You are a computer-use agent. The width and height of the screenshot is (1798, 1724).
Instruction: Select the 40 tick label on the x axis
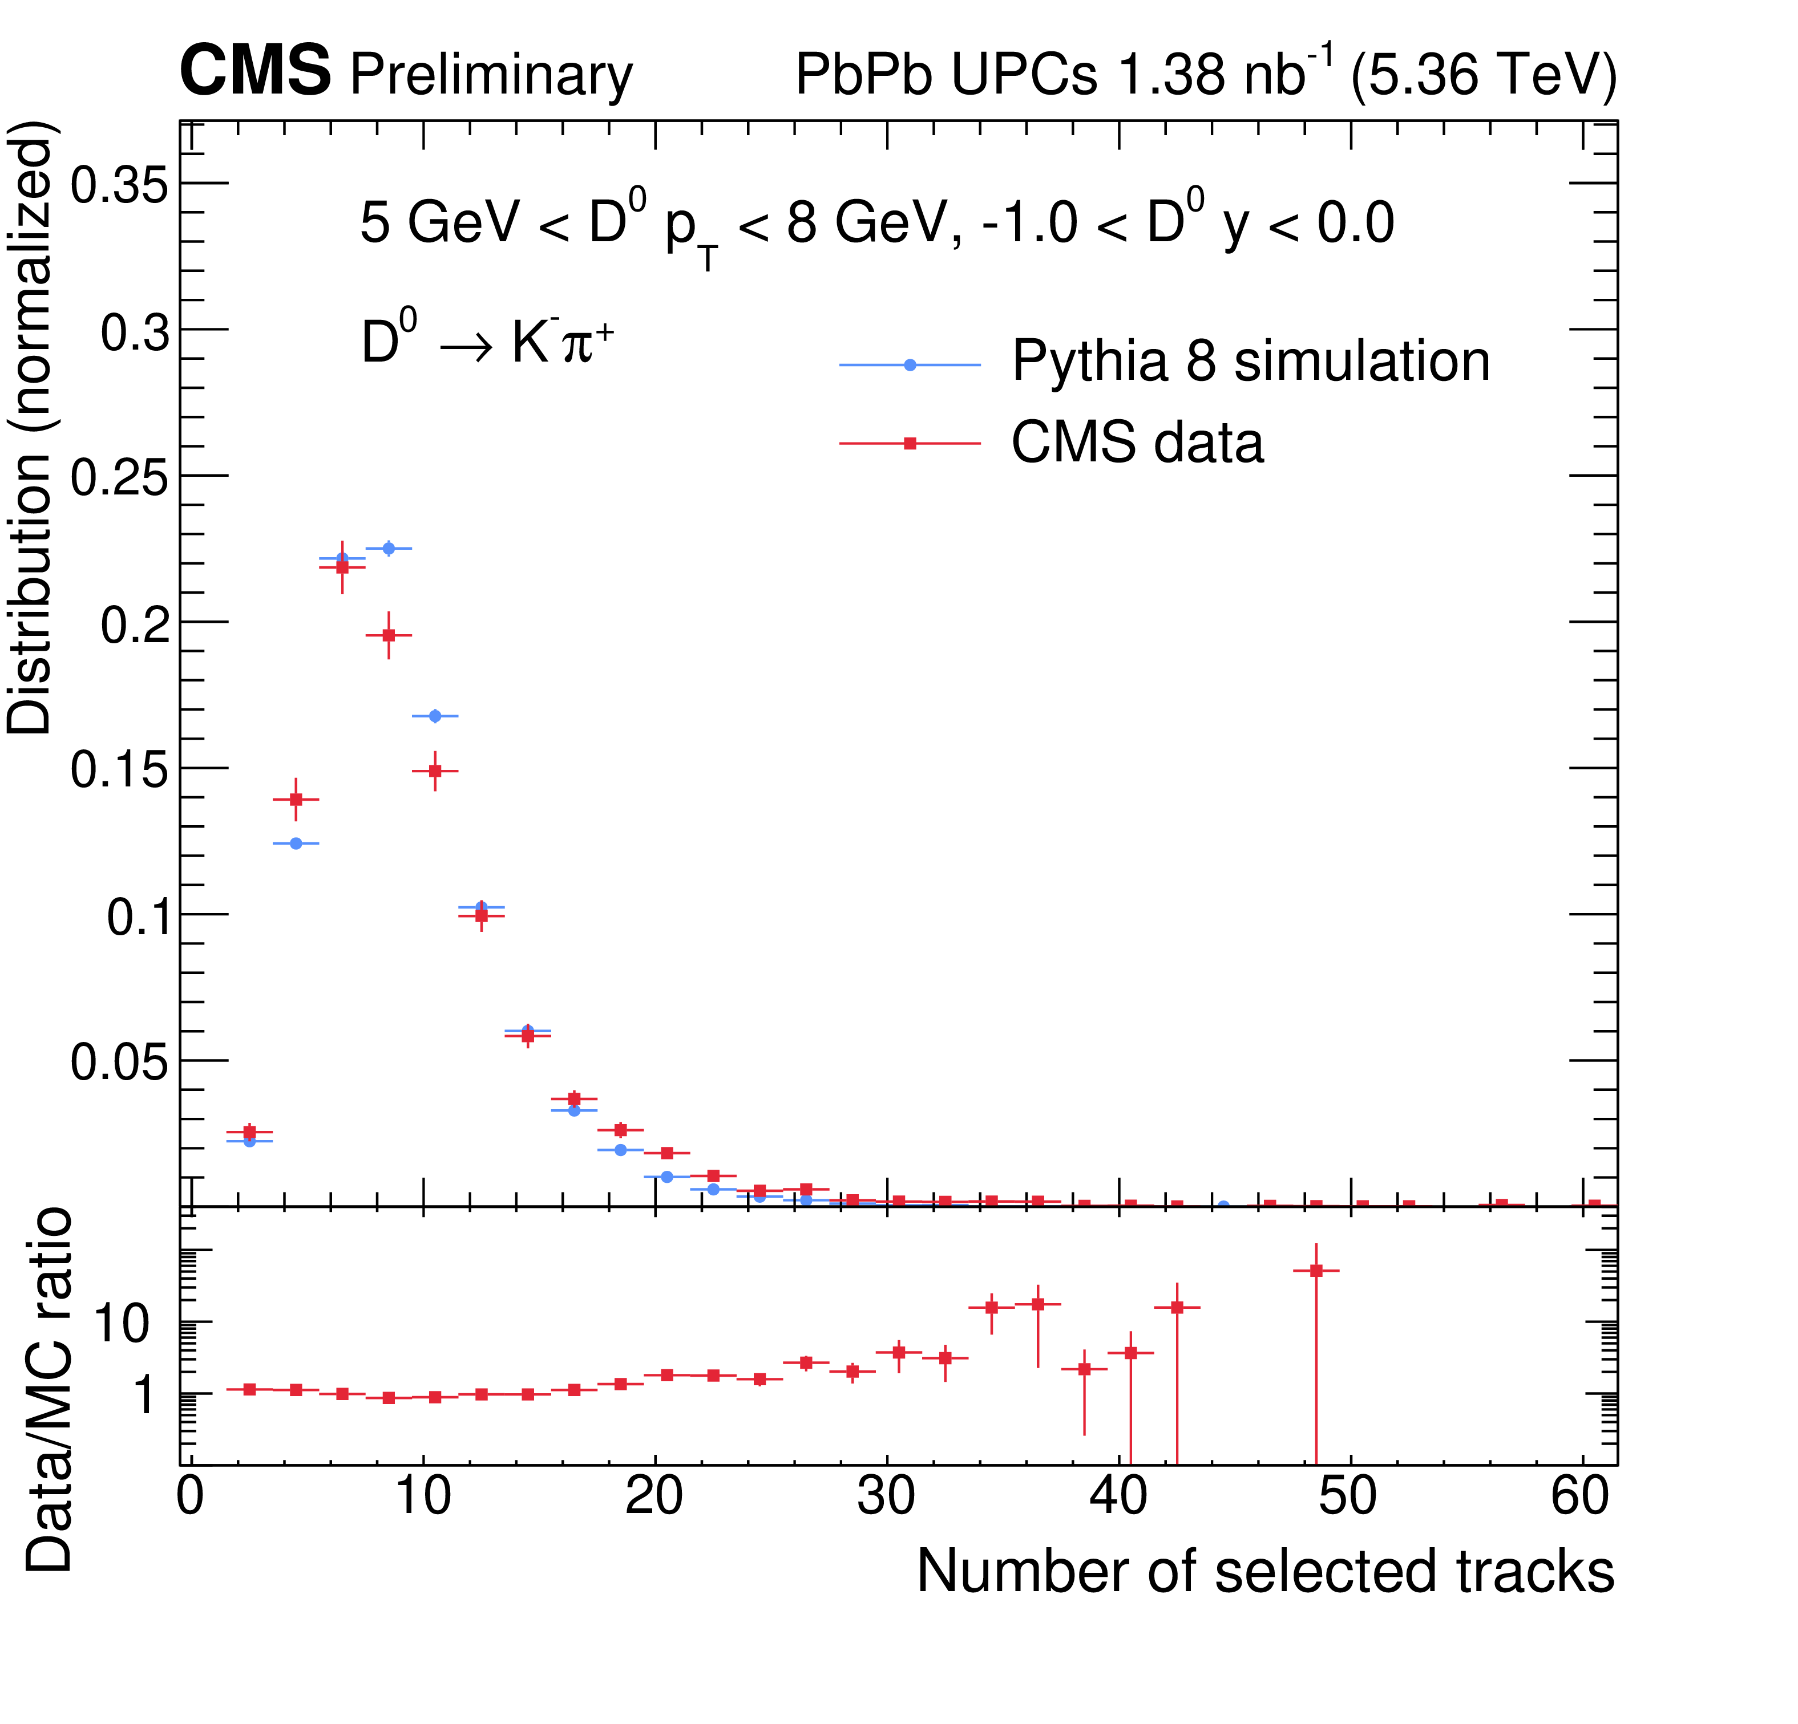pos(1117,1496)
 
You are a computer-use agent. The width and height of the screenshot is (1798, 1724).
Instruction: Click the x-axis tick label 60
pos(1579,1496)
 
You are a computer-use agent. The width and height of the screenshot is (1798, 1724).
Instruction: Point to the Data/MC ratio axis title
pos(48,1389)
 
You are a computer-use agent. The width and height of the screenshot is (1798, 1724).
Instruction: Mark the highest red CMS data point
pos(342,567)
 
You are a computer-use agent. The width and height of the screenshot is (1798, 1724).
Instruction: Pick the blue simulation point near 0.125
pos(296,843)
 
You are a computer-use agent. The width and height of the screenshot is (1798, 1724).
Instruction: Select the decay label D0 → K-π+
pos(486,341)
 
